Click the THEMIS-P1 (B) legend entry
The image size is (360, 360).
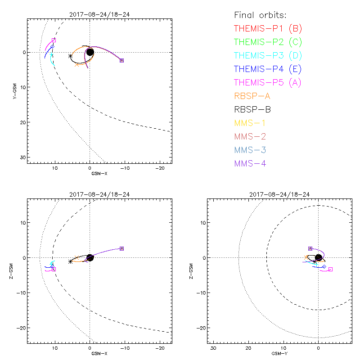tap(268, 29)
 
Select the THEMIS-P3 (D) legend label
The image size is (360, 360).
tap(268, 56)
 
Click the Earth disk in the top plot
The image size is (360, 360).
tap(90, 52)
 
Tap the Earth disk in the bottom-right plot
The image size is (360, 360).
tap(319, 257)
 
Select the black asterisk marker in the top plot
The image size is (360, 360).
tap(70, 56)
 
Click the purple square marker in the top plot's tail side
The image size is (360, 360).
tap(121, 60)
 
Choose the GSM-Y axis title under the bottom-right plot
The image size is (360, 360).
tap(279, 354)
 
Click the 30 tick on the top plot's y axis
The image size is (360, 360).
tap(22, 157)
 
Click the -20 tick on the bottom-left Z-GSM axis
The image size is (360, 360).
tap(21, 328)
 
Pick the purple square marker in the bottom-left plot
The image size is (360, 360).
tap(121, 248)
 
